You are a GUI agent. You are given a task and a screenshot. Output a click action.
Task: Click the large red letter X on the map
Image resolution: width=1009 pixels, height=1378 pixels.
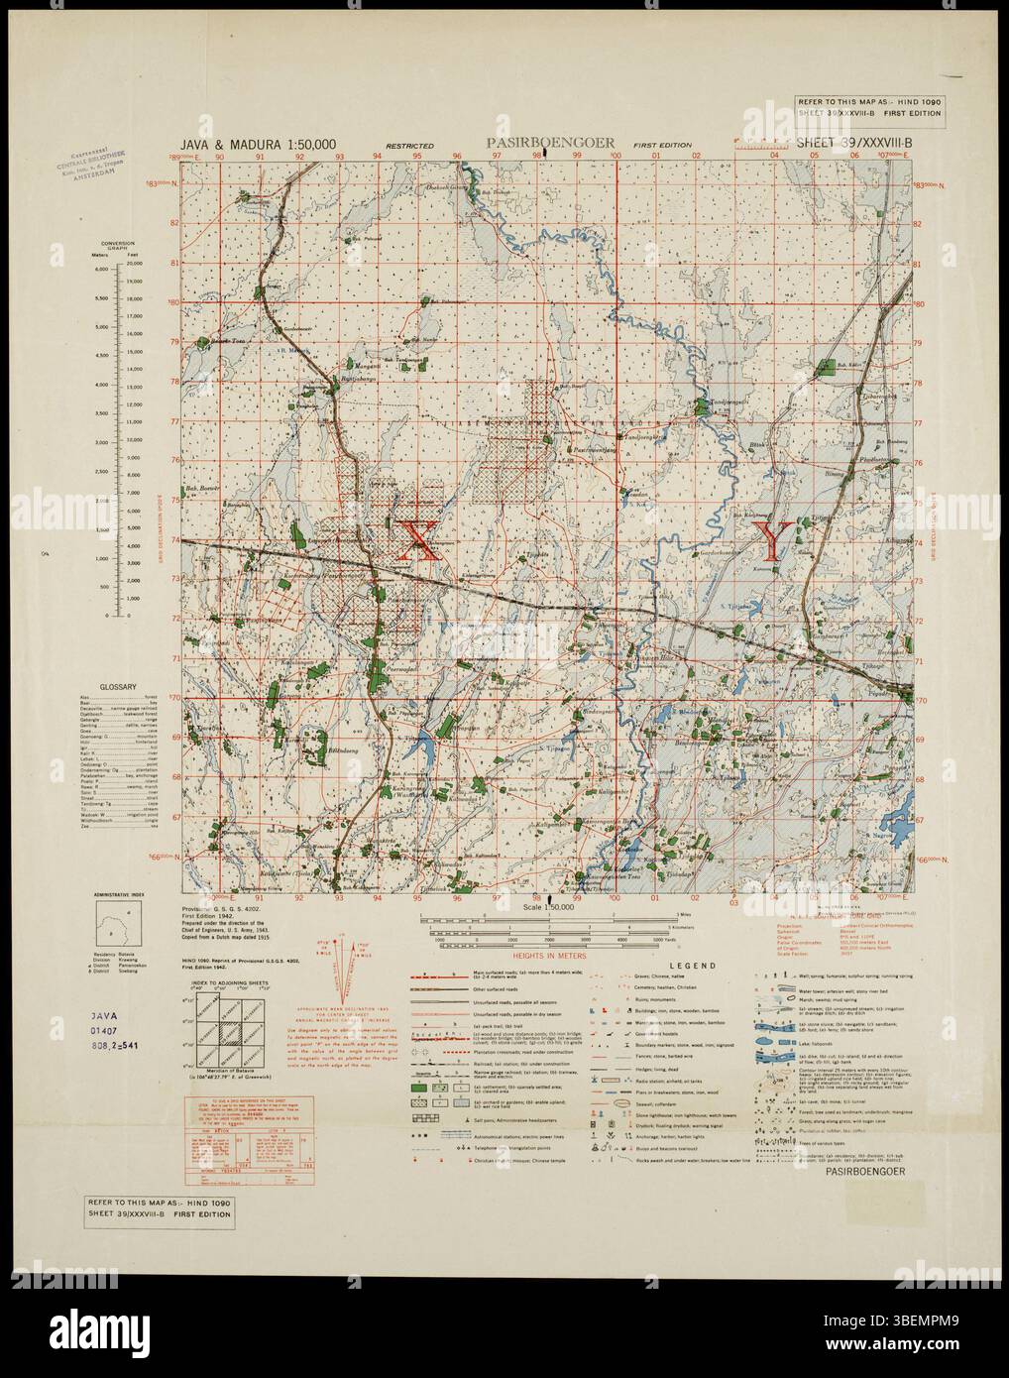pyautogui.click(x=416, y=540)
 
